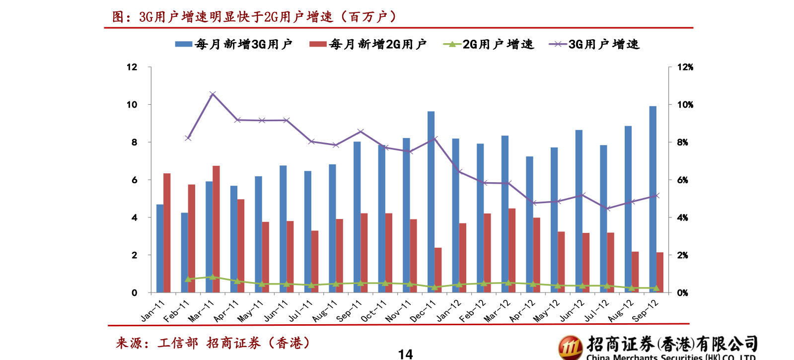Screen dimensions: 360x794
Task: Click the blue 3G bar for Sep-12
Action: (652, 199)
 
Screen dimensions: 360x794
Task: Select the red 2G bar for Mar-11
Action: (216, 229)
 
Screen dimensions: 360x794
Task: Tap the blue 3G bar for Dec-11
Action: (431, 202)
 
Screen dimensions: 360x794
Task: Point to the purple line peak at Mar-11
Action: (213, 94)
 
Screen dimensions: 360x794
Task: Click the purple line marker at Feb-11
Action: (188, 138)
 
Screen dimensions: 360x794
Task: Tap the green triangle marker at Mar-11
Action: (213, 277)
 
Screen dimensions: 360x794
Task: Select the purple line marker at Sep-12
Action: (656, 196)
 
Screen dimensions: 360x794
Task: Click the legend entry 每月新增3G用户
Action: (234, 45)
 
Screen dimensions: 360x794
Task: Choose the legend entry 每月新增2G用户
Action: (368, 45)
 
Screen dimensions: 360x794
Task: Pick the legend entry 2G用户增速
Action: (489, 45)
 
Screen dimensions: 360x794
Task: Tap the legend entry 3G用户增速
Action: (594, 45)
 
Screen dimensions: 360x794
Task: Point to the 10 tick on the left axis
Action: (132, 105)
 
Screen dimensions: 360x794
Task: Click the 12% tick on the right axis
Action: (685, 67)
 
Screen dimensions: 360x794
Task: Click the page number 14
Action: (405, 354)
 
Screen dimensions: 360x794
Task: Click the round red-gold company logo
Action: (570, 347)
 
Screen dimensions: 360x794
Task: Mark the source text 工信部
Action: (177, 343)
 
